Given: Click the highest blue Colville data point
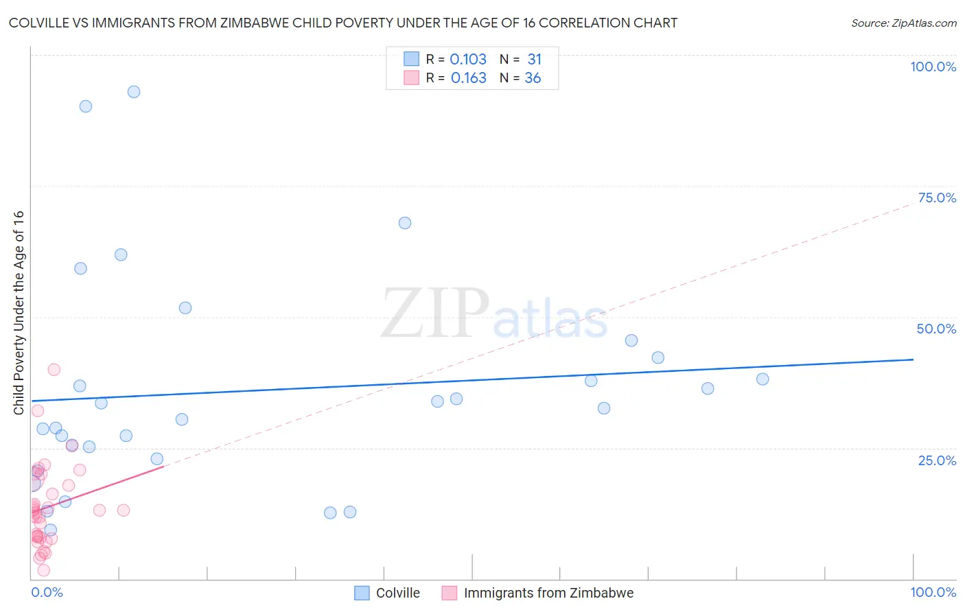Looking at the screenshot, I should coord(134,92).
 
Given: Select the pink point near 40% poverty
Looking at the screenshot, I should coord(54,370).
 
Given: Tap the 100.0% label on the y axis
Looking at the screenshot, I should coord(933,67).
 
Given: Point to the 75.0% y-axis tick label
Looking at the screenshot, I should coord(937,198).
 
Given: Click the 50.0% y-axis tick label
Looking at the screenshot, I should coord(936,329).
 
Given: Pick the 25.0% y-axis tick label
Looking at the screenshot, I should coord(937,460).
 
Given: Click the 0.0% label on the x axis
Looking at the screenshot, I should coord(47,592).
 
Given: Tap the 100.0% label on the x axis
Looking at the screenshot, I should coord(933,592).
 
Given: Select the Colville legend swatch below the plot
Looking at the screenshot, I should coord(362,593).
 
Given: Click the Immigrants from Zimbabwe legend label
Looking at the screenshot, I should coord(548,593).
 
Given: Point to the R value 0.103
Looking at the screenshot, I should coord(468,60).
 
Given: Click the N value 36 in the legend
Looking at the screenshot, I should coord(533,78).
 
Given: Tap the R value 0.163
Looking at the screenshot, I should coord(468,78).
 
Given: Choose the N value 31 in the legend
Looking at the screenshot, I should coord(534,60).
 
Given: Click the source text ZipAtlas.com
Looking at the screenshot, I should coord(923,23).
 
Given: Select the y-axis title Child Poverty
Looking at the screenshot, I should coord(19,312).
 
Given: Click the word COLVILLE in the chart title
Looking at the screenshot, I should coord(40,23).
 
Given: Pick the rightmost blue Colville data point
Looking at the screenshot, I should coord(763,379).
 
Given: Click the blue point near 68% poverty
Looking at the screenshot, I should coord(405,223).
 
